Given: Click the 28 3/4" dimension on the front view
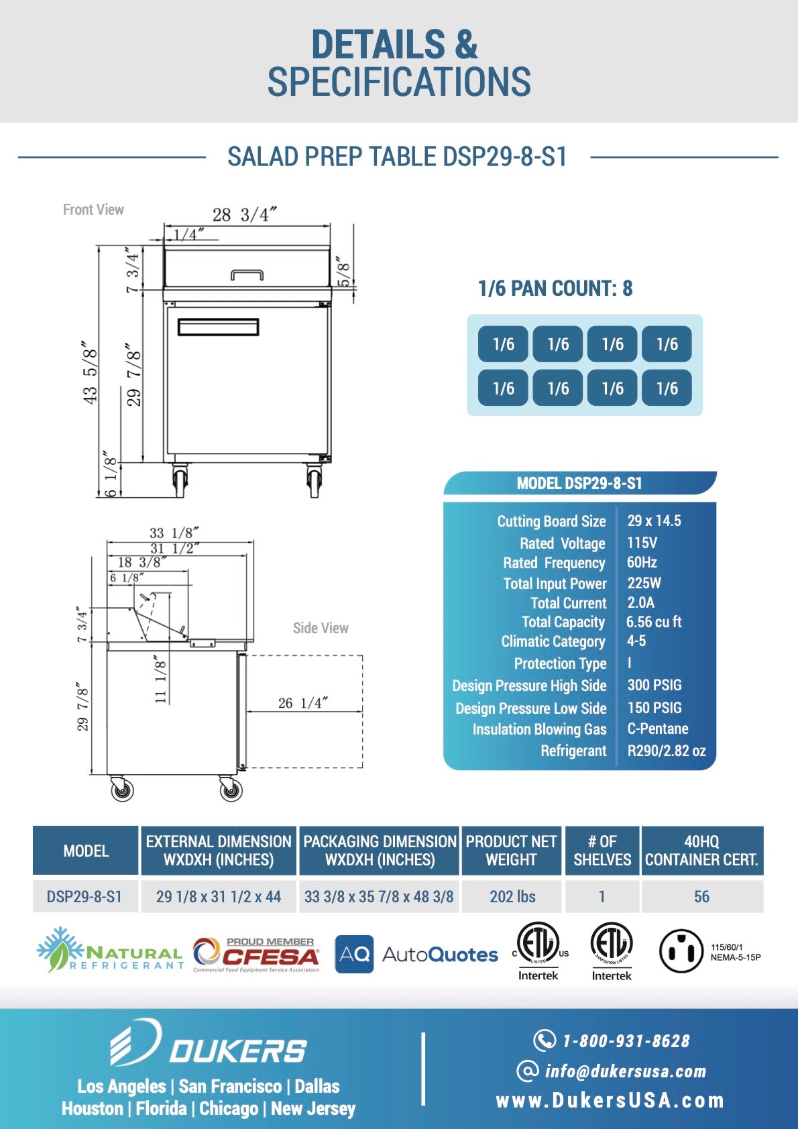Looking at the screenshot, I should (x=244, y=215).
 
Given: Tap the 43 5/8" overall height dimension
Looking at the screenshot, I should (x=90, y=375).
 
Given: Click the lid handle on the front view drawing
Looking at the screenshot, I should (x=247, y=274).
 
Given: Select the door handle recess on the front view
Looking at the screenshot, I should (x=218, y=327).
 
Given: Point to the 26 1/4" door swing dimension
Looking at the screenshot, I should (x=302, y=702).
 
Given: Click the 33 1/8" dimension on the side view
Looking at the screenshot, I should (x=174, y=533).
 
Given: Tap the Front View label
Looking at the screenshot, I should (x=93, y=209).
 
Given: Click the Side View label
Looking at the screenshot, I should (x=321, y=628).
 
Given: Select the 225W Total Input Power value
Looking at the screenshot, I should (x=644, y=583).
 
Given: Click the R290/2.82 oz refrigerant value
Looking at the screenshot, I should (x=666, y=751).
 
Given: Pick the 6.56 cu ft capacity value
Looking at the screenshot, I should (x=654, y=622).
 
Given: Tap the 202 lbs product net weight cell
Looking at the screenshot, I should (x=512, y=896).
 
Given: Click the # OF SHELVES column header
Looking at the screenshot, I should (x=602, y=851).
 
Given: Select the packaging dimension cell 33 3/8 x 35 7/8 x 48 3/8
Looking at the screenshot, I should (x=379, y=896).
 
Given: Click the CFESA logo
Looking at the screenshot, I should (x=256, y=954).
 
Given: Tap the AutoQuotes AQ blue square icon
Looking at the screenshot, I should (x=354, y=954).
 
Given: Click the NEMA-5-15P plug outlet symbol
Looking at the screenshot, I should (x=681, y=951).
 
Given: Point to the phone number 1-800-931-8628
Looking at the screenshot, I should (x=625, y=1040).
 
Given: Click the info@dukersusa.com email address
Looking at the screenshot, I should (x=625, y=1071).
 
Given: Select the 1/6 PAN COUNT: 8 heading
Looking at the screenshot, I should (x=555, y=288).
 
